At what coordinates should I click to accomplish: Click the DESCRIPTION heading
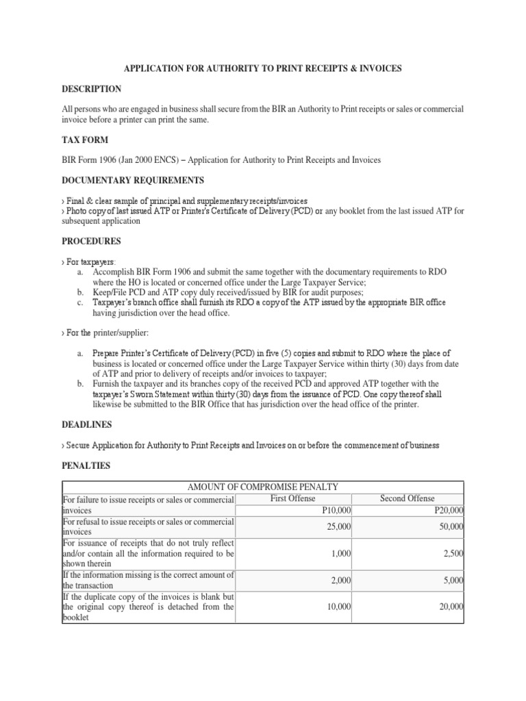[x=92, y=89]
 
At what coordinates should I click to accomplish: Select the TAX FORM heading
[x=84, y=140]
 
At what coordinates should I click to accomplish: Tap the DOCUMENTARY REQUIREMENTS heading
[x=133, y=180]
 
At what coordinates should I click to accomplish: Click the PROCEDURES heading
[x=92, y=241]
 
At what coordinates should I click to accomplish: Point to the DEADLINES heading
[x=88, y=425]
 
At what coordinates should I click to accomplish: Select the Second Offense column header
[x=407, y=499]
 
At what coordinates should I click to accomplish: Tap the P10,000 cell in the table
[x=338, y=510]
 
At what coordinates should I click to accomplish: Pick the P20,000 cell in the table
[x=449, y=510]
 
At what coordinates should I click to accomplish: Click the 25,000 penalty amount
[x=339, y=526]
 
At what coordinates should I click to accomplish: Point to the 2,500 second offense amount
[x=453, y=553]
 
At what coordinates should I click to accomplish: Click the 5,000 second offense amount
[x=453, y=581]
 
